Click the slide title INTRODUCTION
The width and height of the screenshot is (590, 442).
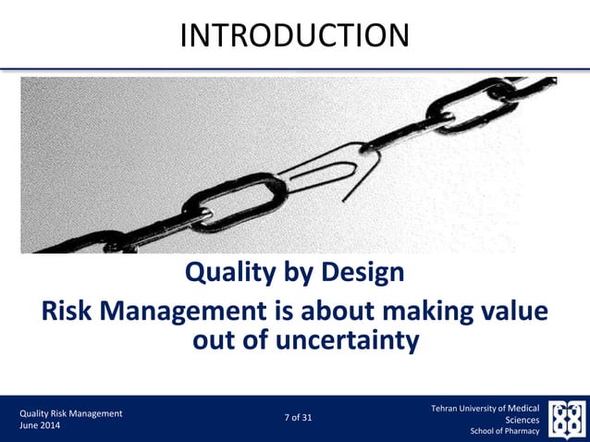coord(294,35)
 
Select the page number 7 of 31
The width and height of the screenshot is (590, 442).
coord(297,418)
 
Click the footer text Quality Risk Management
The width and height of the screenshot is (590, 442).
coord(71,412)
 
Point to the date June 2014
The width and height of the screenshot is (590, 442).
coord(42,425)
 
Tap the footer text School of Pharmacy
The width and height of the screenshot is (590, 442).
coord(505,431)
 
